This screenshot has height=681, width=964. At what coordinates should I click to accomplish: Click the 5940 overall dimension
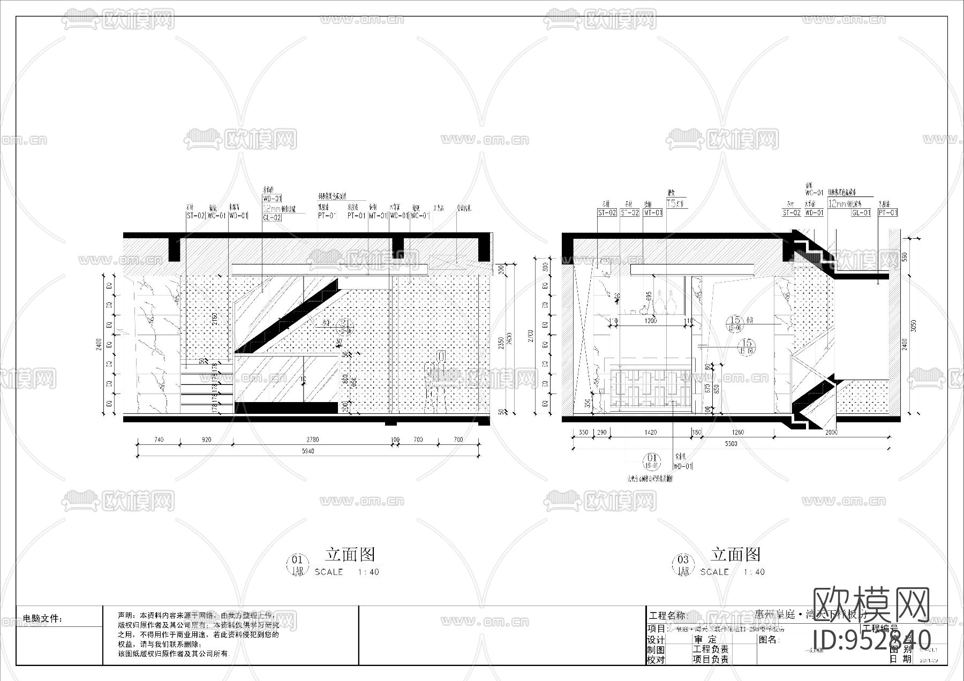(x=307, y=451)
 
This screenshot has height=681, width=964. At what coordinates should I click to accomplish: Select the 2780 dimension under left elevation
(x=312, y=440)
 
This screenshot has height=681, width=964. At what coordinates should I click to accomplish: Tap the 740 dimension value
(x=159, y=440)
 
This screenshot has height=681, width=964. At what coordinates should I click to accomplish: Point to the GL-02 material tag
(x=272, y=218)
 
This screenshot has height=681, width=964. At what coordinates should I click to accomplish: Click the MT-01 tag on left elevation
(x=378, y=216)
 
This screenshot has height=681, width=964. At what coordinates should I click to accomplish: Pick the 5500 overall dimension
(x=730, y=443)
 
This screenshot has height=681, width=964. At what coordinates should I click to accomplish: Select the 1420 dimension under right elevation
(x=650, y=432)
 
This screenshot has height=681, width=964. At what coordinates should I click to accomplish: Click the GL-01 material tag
(x=861, y=213)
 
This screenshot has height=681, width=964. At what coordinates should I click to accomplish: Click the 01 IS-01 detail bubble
(x=652, y=461)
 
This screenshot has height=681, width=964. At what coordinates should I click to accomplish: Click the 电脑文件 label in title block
(x=43, y=619)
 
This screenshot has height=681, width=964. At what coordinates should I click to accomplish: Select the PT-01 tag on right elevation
(x=887, y=213)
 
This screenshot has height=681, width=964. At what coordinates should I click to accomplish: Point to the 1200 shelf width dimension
(x=650, y=321)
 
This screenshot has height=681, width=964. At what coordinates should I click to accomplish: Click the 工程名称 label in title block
(x=667, y=616)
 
